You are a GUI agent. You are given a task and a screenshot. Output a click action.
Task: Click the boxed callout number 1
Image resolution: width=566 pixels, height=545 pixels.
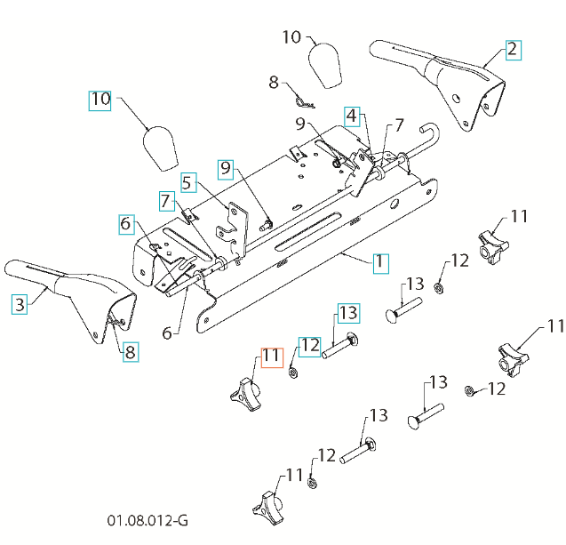pos(379,263)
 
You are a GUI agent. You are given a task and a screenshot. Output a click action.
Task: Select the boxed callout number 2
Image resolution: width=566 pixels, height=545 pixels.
pos(512,49)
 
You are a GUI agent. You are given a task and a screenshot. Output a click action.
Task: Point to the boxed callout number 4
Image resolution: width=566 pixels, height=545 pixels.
pos(353,116)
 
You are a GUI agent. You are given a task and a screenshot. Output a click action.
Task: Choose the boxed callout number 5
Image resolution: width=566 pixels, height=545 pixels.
pos(187,183)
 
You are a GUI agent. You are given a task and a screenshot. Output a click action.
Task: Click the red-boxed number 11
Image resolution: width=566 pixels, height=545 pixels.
pos(270,357)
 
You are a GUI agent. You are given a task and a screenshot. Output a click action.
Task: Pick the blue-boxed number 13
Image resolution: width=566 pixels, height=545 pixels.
pos(347,313)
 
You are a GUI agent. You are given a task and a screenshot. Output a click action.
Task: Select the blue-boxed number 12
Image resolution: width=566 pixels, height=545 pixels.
pos(309,344)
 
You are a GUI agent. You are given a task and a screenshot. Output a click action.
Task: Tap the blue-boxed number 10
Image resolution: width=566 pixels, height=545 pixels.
pos(100,100)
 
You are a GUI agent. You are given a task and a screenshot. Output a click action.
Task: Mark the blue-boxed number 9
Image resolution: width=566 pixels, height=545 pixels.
pos(226,166)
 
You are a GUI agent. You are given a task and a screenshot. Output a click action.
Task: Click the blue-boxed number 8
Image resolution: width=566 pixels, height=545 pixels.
pos(130,351)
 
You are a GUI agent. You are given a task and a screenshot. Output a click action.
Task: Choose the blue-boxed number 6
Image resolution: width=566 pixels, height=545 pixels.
pos(126,226)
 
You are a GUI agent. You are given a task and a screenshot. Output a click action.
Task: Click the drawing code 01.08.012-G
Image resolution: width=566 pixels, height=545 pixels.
pos(147,519)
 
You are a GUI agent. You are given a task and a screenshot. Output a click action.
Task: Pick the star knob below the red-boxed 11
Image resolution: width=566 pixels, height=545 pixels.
pos(246,394)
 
